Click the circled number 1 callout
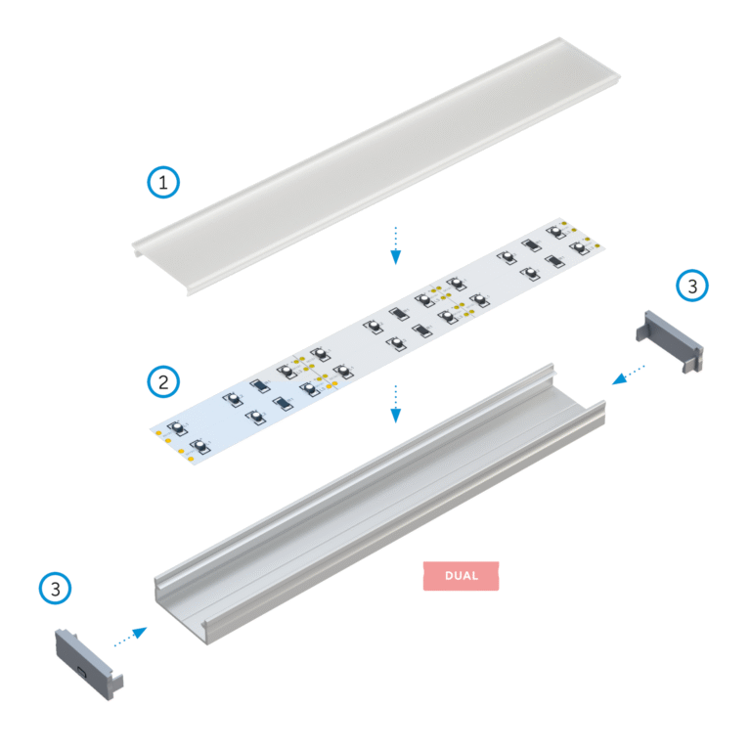point(163,183)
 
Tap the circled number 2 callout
point(163,382)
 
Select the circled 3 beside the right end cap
point(692,286)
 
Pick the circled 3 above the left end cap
point(55,588)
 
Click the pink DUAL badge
point(461,576)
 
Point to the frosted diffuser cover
point(376,165)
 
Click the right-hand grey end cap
point(669,341)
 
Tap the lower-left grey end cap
point(89,664)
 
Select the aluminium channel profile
point(378,503)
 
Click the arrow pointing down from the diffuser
point(396,245)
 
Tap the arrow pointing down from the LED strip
point(396,403)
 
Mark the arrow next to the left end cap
point(130,637)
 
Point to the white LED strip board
point(377,341)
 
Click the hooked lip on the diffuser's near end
point(137,250)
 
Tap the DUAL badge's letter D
point(449,576)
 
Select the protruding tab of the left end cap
point(117,683)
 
